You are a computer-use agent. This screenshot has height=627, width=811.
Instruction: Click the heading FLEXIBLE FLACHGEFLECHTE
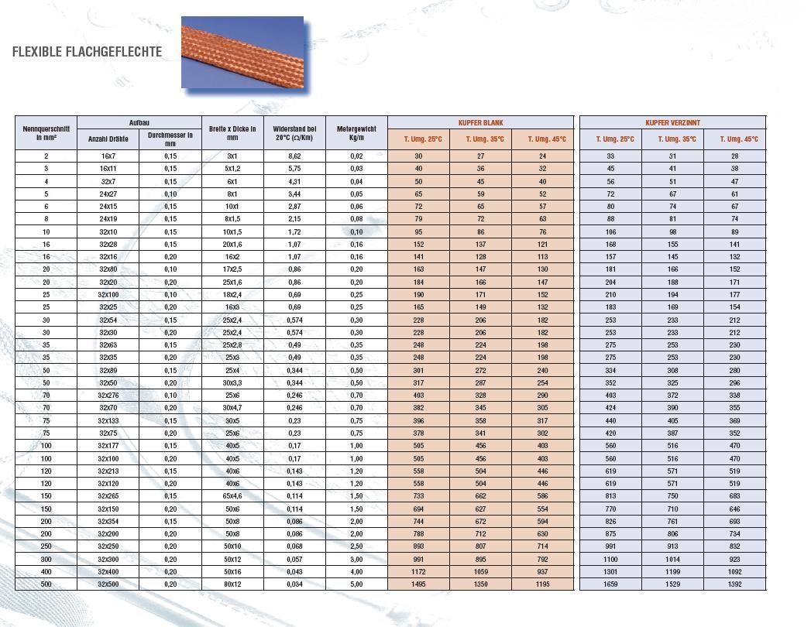(87, 52)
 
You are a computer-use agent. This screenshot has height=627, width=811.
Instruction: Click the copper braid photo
(242, 52)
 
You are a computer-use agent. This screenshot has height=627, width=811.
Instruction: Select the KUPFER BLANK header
(480, 123)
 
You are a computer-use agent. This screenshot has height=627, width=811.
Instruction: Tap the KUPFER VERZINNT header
(672, 123)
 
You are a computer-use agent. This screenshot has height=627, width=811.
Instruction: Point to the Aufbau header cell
(139, 123)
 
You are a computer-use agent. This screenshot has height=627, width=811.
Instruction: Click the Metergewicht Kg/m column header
(356, 133)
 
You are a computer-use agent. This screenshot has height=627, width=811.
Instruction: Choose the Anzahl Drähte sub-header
(108, 139)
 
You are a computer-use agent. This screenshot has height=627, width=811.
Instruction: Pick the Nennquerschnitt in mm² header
(46, 133)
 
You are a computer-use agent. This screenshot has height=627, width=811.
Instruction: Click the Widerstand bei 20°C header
(294, 133)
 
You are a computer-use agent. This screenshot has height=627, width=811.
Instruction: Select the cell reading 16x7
(108, 156)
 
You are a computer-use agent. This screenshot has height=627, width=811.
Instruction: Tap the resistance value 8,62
(294, 156)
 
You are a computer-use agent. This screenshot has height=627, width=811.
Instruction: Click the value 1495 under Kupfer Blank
(418, 584)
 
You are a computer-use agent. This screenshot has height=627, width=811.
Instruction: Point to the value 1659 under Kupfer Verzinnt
(610, 584)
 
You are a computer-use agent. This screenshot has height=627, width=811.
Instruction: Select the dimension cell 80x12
(232, 584)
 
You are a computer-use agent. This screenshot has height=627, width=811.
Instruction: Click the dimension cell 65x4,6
(232, 496)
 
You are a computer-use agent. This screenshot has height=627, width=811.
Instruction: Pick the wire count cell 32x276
(108, 396)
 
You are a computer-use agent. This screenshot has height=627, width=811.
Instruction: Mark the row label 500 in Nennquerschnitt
(46, 584)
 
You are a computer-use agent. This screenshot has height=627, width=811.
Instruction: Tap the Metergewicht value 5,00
(356, 584)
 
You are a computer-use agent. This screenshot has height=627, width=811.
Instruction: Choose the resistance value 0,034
(294, 584)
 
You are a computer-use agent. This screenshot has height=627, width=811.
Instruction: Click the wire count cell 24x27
(108, 194)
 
